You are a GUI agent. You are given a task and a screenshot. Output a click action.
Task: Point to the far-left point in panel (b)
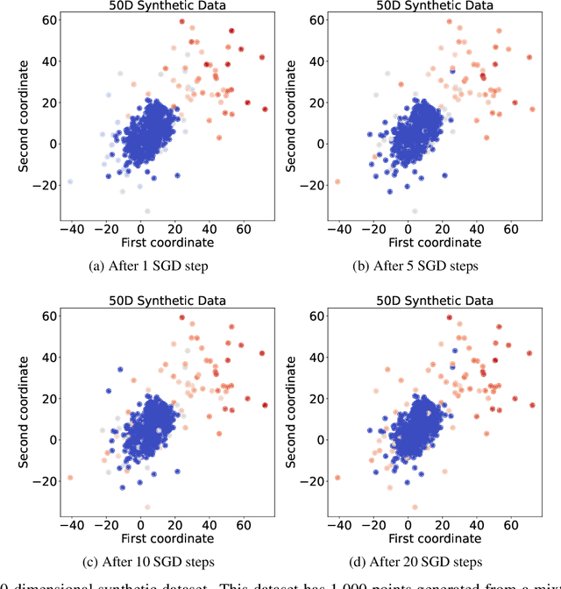pos(337,181)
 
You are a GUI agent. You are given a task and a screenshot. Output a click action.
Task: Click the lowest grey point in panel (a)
pos(146,211)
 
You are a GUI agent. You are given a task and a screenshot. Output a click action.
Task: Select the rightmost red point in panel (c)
pos(265,405)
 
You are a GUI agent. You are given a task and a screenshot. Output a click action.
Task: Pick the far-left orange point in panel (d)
pos(337,478)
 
